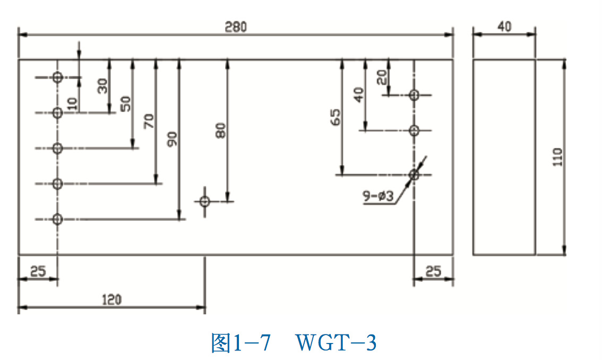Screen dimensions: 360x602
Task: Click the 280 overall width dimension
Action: [235, 27]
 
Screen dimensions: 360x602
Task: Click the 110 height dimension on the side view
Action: [557, 157]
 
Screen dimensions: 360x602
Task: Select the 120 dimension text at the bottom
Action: [111, 299]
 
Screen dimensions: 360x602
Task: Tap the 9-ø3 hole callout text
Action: [378, 196]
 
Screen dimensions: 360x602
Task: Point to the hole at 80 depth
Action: [205, 201]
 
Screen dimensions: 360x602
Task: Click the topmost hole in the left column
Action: [57, 78]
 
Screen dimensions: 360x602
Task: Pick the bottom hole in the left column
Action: [57, 219]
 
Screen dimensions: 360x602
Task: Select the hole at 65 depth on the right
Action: [414, 174]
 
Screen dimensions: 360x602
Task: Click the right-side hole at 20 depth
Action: [414, 95]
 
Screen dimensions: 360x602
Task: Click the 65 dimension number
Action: [335, 117]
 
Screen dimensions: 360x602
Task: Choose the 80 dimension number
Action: [220, 130]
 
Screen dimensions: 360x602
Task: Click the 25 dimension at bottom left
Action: [37, 271]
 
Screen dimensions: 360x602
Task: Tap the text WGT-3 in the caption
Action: [336, 344]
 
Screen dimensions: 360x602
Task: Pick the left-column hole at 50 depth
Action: [57, 148]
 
